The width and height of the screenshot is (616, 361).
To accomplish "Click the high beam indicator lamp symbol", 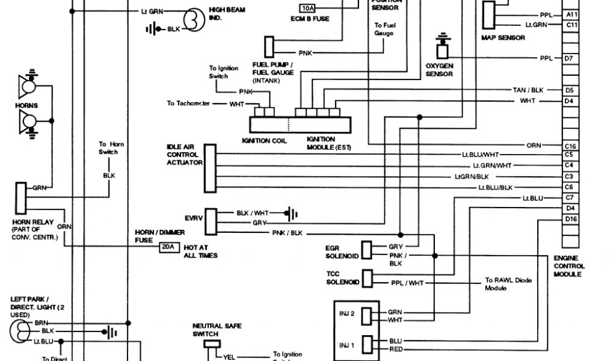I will (194, 20).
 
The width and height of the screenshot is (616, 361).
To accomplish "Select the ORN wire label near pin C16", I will (534, 146).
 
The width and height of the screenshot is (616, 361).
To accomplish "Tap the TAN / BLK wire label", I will (528, 90).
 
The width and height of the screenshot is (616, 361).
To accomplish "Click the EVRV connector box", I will (210, 222).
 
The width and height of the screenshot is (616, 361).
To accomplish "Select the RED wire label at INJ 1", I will (395, 348).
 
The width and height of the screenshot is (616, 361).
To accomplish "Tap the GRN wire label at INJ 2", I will (395, 312).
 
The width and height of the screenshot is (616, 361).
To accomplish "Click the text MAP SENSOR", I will (503, 38).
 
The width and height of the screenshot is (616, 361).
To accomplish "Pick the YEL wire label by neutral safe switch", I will (229, 356).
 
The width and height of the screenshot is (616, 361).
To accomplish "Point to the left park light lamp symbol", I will (20, 330).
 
